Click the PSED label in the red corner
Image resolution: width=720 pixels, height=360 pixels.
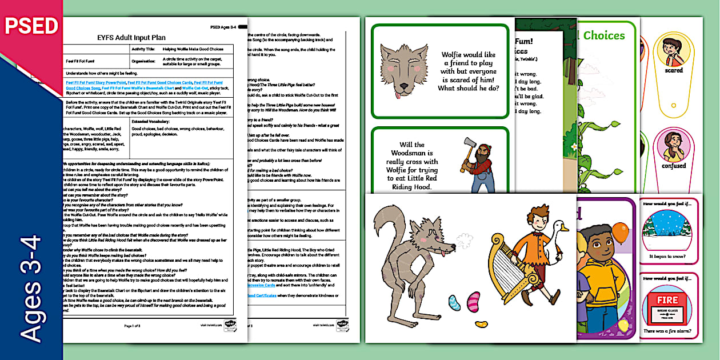[31, 26]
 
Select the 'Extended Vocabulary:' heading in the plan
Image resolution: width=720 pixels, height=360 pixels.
[150, 121]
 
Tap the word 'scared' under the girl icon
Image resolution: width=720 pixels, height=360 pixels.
[674, 70]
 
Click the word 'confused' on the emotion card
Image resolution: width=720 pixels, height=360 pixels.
[674, 166]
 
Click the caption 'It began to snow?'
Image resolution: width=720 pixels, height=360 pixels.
[668, 257]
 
